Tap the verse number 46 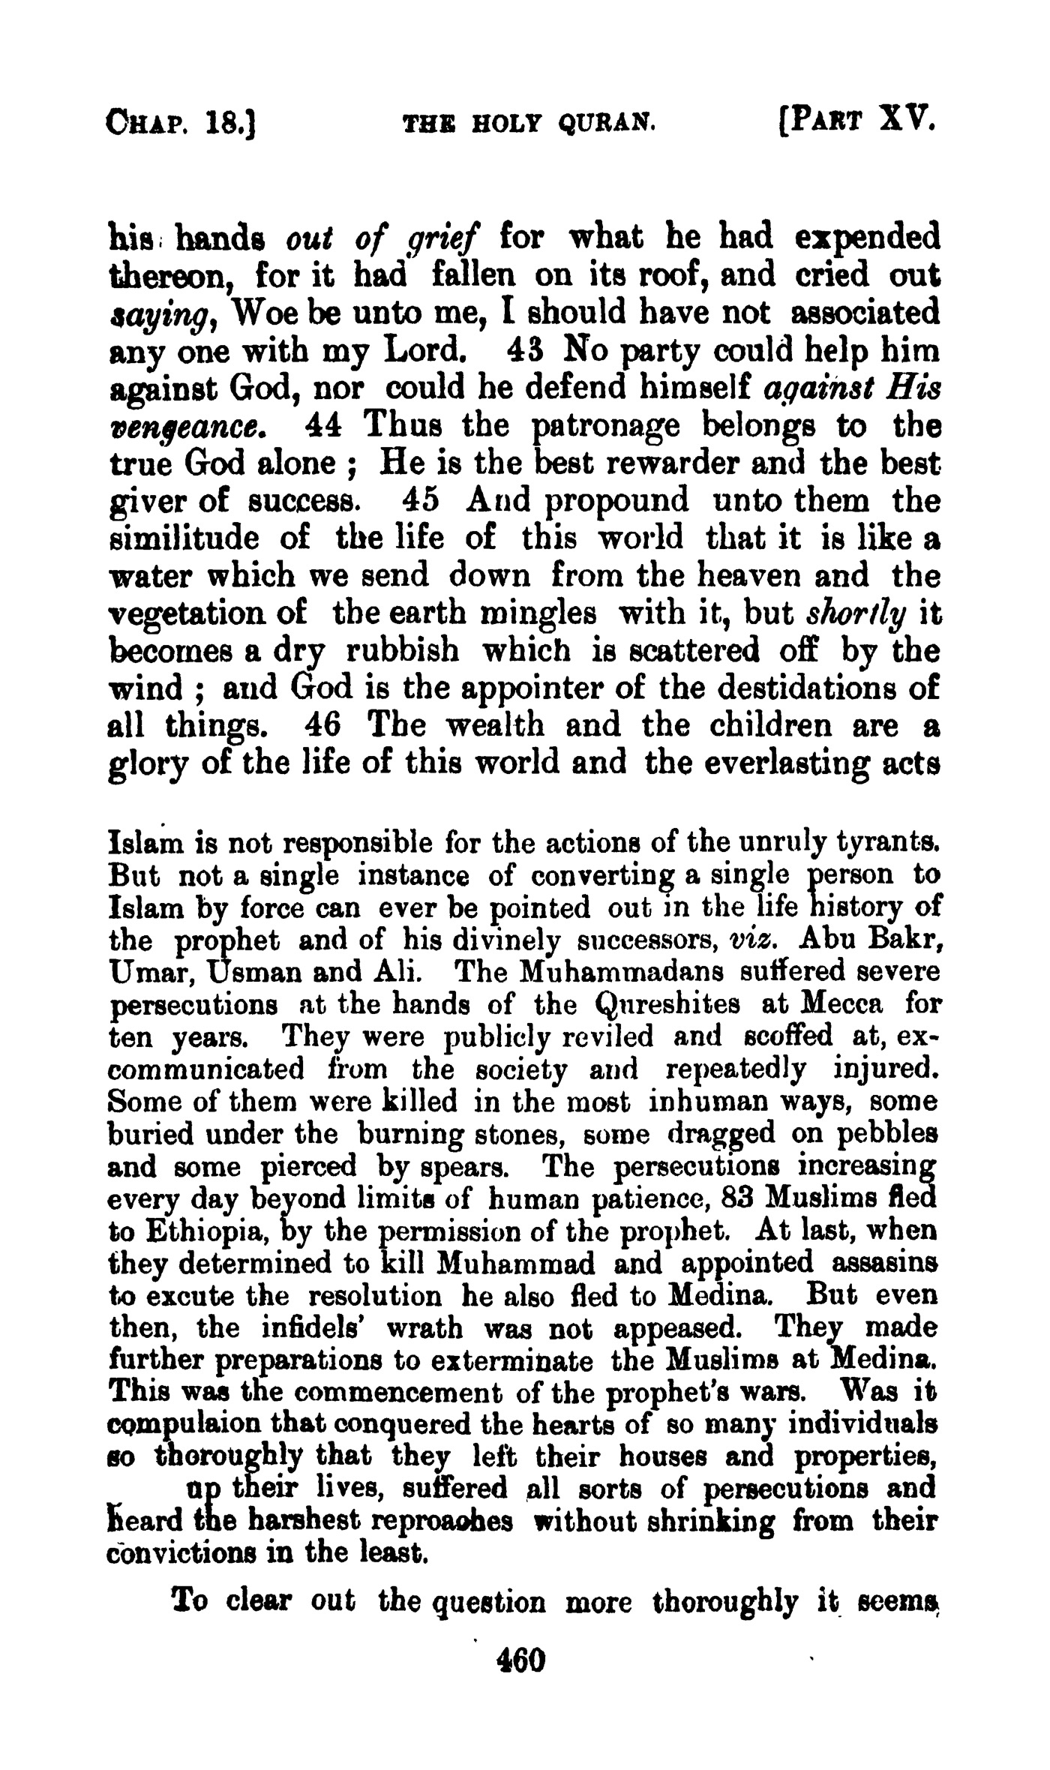point(324,726)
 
